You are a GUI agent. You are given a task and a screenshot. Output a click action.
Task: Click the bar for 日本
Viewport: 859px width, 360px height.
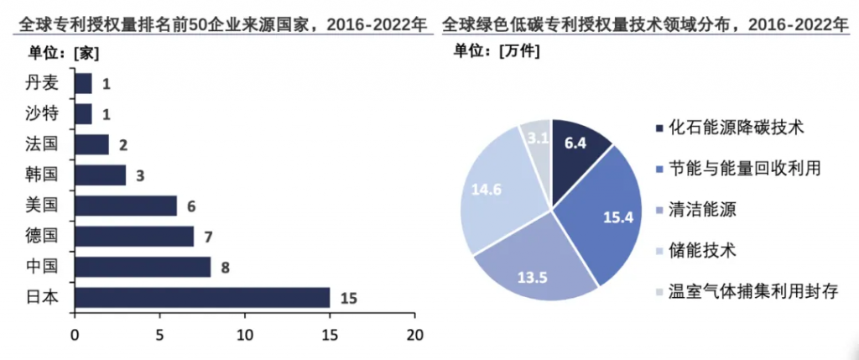coord(201,298)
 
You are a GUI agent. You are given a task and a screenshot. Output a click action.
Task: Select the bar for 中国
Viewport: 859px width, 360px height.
coord(142,268)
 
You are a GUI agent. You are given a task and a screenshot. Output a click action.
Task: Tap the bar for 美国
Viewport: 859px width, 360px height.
coord(125,206)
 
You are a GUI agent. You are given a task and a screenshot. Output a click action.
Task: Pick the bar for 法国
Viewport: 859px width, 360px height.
coord(91,144)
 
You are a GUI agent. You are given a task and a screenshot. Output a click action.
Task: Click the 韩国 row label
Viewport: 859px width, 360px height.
coord(41,175)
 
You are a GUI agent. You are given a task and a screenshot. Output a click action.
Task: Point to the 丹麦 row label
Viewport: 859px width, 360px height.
coord(41,83)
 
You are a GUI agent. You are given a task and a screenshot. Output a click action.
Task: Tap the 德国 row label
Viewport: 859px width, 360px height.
coord(41,237)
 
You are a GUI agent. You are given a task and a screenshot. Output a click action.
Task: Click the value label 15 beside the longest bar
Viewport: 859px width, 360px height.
coord(349,298)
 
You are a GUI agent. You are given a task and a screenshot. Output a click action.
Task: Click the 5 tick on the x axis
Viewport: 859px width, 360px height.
coord(159,335)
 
